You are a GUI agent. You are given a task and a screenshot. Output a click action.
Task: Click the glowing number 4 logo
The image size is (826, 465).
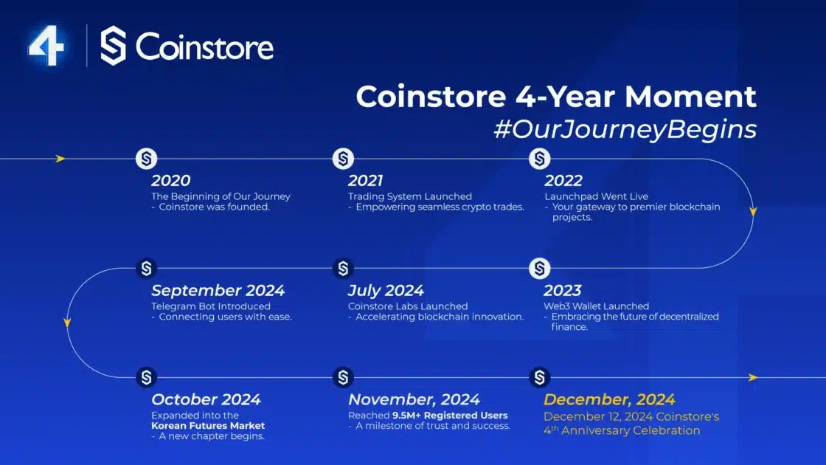point(47,46)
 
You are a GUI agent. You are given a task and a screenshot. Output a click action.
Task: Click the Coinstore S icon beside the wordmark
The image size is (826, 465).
point(114,46)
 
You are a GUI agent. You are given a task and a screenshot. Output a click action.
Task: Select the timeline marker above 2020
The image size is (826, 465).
point(147,159)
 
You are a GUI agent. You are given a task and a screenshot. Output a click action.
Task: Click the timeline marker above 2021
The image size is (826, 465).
point(343,159)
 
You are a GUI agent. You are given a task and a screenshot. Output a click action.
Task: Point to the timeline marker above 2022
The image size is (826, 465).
point(539,159)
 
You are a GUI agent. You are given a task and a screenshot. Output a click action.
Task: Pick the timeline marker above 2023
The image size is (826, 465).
point(539,269)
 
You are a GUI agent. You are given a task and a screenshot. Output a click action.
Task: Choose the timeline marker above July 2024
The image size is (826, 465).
point(343,269)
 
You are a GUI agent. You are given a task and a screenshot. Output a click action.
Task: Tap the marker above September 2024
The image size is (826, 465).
point(147,269)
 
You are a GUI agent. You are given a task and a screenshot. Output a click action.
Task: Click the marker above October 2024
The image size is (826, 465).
point(147,377)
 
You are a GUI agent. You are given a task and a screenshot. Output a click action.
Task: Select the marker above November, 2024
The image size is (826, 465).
point(343,377)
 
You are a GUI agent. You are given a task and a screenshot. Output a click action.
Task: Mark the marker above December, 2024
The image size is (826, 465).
point(539,377)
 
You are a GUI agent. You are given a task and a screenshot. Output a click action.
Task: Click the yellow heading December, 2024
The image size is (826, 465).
point(609,399)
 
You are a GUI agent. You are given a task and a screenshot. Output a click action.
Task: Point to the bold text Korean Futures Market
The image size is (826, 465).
point(208,425)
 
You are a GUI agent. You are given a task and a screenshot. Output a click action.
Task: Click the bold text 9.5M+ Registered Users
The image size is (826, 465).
point(450,416)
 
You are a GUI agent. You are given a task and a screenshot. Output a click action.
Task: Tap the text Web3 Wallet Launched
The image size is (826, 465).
point(597,306)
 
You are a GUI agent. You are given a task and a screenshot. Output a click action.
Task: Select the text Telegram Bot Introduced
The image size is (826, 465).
point(211,306)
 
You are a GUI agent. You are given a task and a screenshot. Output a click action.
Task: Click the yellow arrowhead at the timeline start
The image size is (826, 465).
point(60,159)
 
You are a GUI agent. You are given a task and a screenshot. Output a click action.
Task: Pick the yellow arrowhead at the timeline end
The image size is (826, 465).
point(753,377)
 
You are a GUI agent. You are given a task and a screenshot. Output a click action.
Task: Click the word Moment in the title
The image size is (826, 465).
point(690,97)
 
